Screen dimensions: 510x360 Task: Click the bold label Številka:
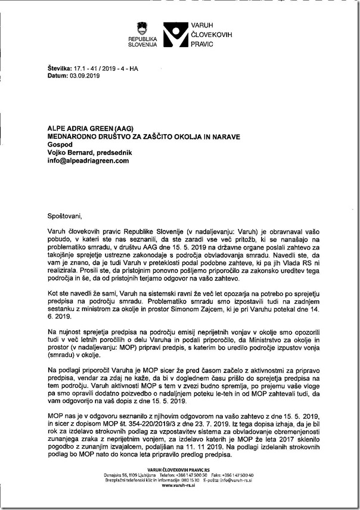pos(60,69)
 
